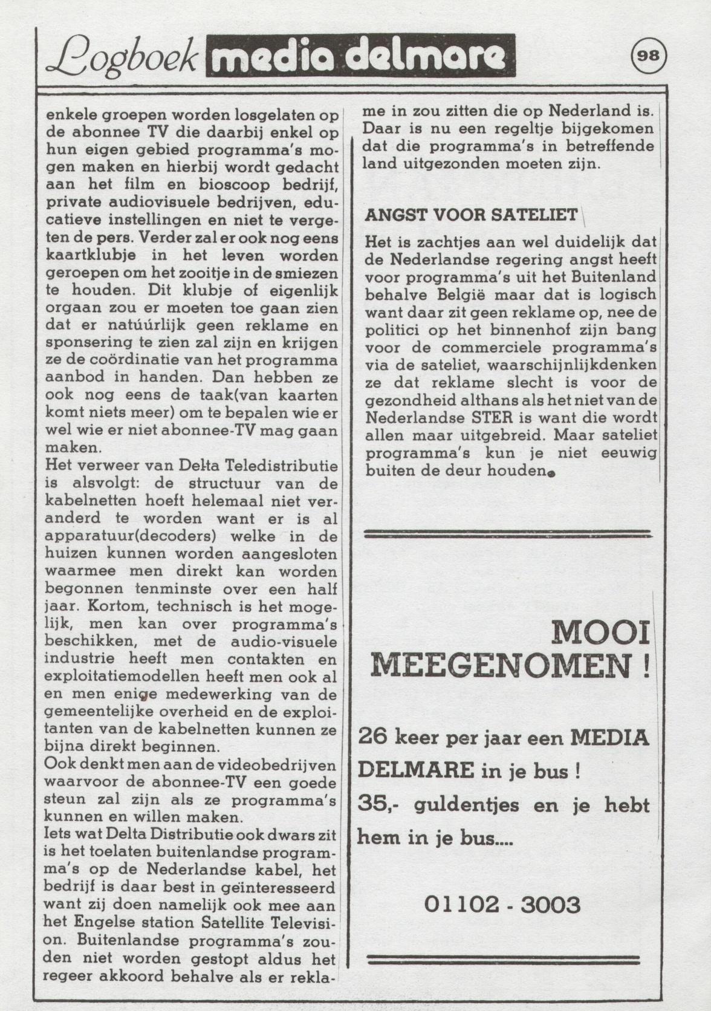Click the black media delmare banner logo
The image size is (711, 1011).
click(360, 56)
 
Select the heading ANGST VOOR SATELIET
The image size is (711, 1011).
click(471, 215)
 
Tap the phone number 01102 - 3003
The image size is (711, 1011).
click(502, 905)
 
